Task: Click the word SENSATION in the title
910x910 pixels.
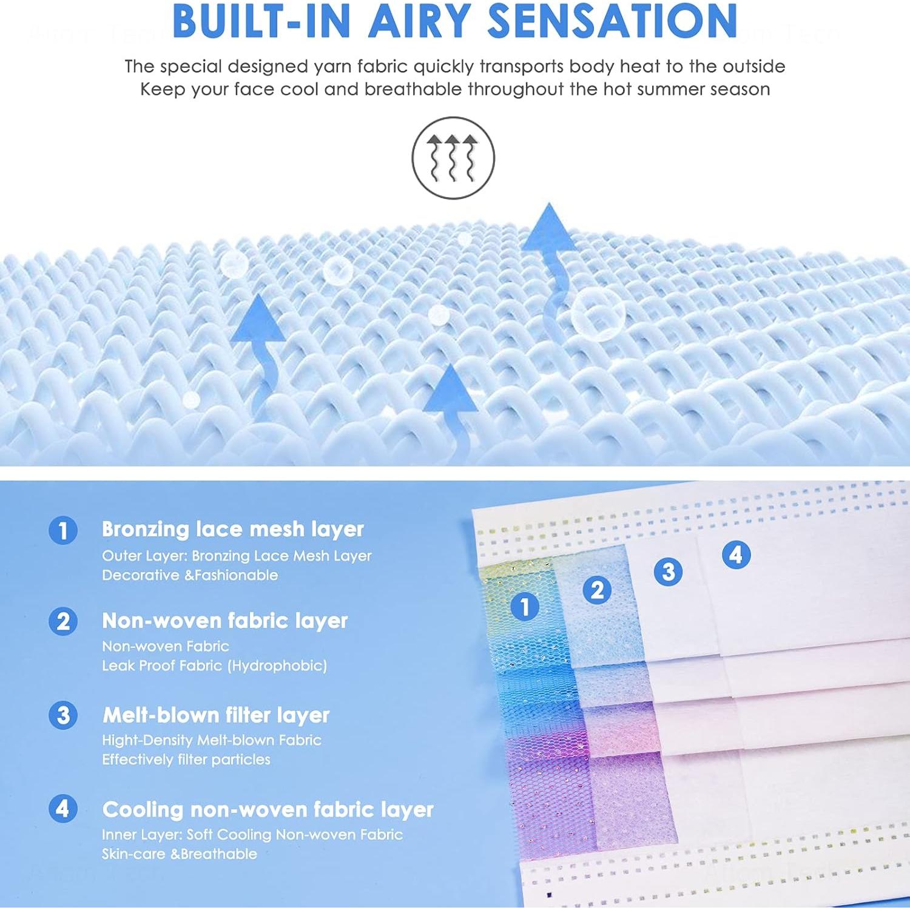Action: pos(612,21)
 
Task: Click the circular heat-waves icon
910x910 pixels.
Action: pos(453,158)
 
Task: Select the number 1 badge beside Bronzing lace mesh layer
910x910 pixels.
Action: pos(63,530)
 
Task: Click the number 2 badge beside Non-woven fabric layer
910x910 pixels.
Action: pos(63,622)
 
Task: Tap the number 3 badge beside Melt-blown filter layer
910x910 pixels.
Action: pos(63,715)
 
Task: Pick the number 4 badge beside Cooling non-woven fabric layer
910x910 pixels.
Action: pos(63,809)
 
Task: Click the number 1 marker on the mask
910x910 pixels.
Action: pos(525,605)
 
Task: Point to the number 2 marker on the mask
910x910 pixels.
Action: pos(597,590)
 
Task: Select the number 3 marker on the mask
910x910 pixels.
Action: pos(669,571)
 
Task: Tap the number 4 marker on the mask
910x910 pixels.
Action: pos(736,554)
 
